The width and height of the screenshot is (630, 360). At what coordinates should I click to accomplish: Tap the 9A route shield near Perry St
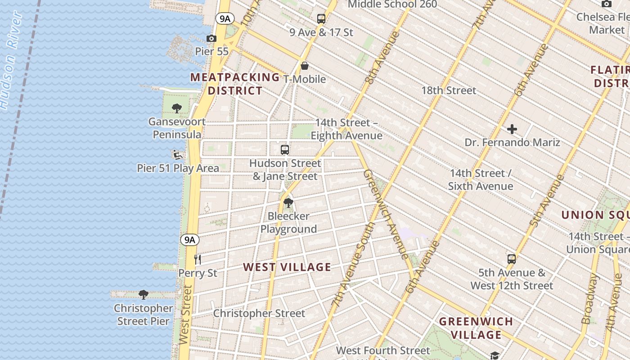(x=190, y=240)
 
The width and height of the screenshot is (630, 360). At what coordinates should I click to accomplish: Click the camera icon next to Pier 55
(x=211, y=39)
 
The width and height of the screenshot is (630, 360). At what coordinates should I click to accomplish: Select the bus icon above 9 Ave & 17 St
(x=321, y=19)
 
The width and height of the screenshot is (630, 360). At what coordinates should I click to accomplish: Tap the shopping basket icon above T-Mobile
(x=305, y=66)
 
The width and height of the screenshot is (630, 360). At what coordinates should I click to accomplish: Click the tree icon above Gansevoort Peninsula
(x=177, y=108)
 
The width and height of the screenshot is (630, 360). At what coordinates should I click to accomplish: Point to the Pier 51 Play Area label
(x=178, y=168)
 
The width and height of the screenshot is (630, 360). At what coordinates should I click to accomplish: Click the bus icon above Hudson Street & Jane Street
(x=285, y=150)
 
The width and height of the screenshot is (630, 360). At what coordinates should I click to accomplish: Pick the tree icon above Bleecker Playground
(x=288, y=203)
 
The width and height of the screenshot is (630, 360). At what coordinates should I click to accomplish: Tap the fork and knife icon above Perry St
(x=197, y=259)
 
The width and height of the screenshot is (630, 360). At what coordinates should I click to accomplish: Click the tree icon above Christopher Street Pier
(x=144, y=295)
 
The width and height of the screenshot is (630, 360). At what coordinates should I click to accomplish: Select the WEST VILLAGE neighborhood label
(x=287, y=267)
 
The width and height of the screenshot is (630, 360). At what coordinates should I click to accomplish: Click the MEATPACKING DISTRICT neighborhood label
(x=235, y=84)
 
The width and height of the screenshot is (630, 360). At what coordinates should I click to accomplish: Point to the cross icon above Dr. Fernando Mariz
(x=512, y=130)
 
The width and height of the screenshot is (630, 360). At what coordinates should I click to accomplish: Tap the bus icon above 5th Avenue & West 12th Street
(x=512, y=259)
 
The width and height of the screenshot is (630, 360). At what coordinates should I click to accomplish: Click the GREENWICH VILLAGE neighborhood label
(x=476, y=328)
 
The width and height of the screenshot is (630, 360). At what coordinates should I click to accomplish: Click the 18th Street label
(x=448, y=90)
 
